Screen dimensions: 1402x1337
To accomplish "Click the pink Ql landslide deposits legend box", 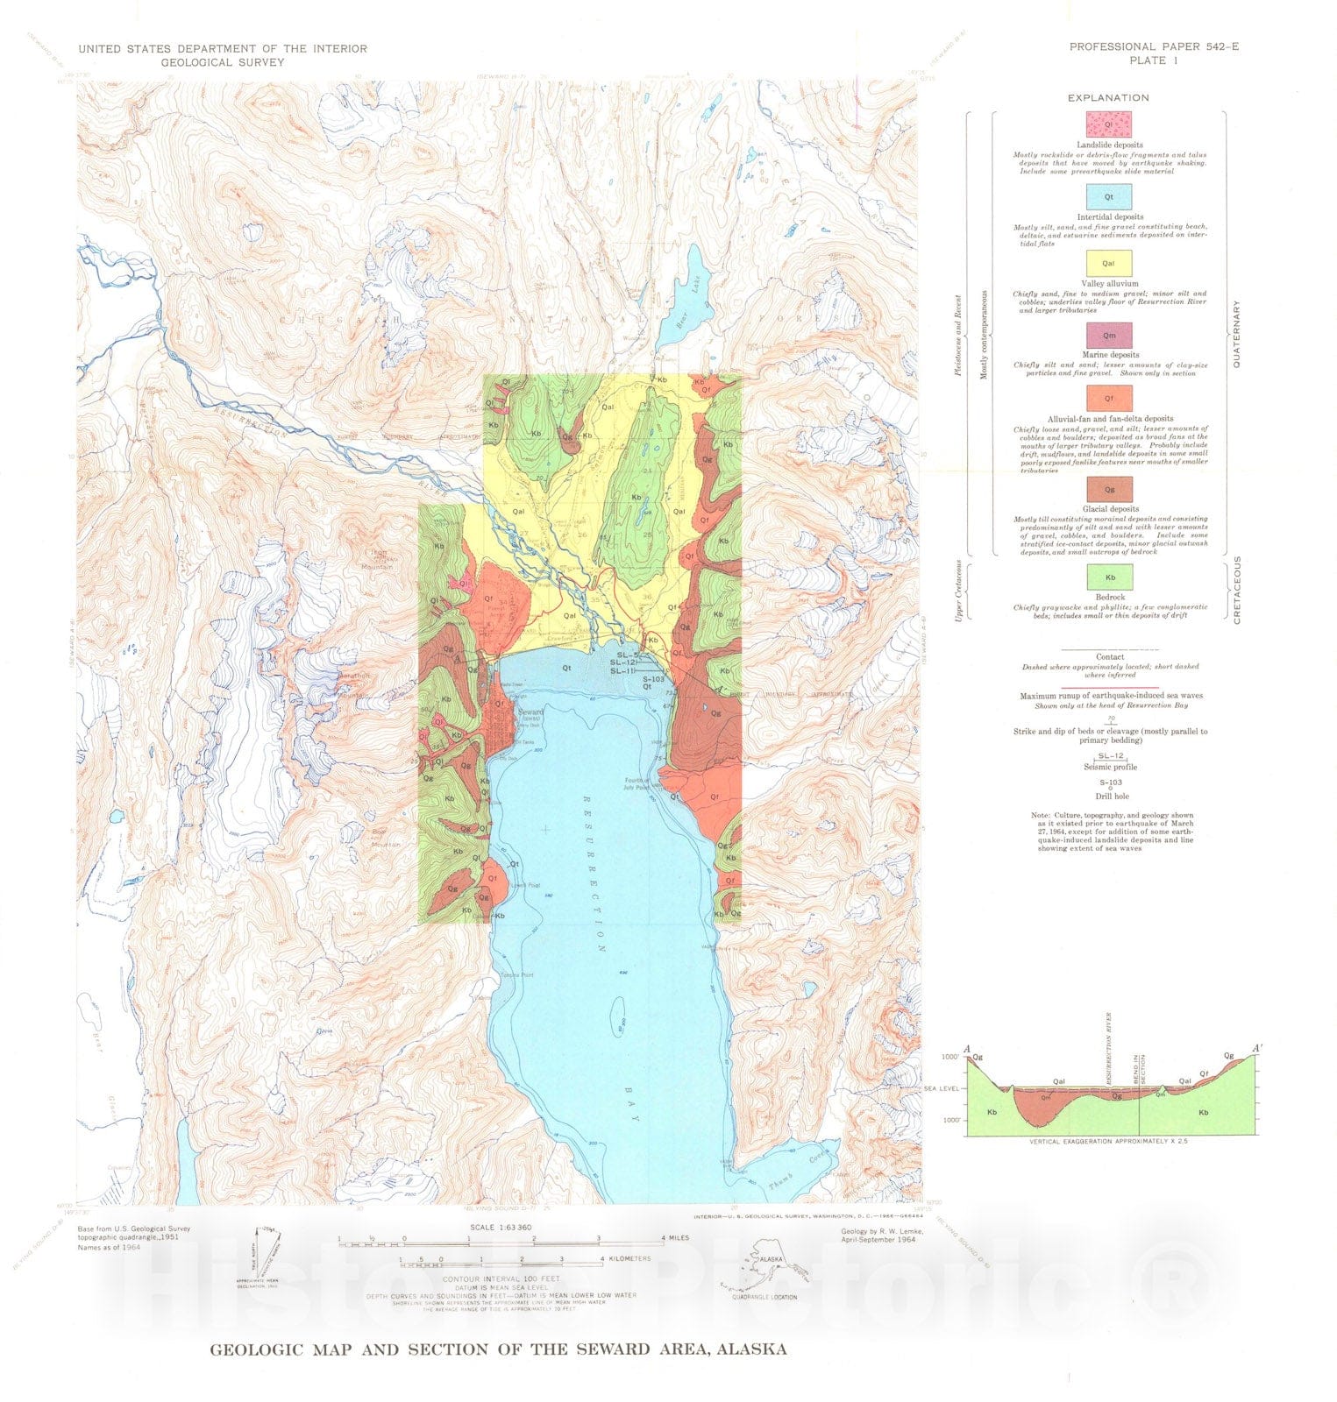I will pos(1109,124).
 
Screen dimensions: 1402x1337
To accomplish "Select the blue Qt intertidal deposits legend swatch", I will pos(1109,197).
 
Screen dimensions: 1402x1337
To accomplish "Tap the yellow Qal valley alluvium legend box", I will pos(1109,263).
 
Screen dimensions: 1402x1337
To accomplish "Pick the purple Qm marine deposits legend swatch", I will pos(1109,335).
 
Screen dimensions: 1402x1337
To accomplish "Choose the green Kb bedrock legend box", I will pos(1109,577).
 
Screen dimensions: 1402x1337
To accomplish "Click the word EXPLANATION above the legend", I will pos(1108,97).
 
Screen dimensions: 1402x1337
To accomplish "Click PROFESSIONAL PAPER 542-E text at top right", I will pos(1154,46).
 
